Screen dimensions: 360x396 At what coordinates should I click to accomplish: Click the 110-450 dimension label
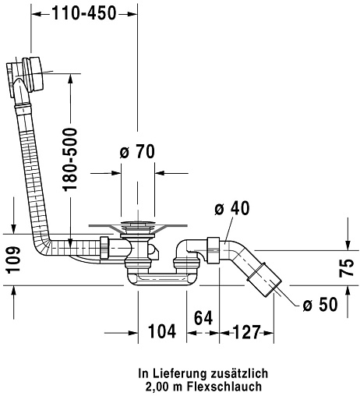coord(84,13)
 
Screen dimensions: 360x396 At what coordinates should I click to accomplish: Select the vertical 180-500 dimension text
coord(71,159)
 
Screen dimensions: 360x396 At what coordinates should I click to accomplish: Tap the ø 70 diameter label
coord(137,151)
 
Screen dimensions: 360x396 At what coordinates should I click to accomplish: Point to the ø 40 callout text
coord(232,208)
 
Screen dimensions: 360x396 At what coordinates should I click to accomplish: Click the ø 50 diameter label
coord(320,304)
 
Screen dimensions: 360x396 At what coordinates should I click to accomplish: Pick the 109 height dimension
coord(13,260)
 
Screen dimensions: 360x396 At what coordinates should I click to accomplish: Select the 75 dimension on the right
coord(347,268)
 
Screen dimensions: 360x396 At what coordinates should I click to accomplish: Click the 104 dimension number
coord(162,331)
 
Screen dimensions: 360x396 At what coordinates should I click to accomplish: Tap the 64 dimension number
coord(203,317)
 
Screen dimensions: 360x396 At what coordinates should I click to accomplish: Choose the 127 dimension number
coord(246,332)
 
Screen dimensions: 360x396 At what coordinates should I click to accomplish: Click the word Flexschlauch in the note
coord(224,387)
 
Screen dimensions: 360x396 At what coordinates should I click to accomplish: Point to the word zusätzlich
coord(239,373)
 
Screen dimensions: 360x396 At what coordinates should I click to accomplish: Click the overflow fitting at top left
coord(26,76)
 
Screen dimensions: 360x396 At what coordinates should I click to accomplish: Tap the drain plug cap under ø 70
coord(138,223)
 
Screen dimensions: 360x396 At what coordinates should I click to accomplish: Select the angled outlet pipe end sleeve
coord(264,280)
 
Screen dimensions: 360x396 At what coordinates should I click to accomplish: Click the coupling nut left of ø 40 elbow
coord(214,249)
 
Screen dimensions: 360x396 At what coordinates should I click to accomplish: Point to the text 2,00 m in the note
coord(164,387)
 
